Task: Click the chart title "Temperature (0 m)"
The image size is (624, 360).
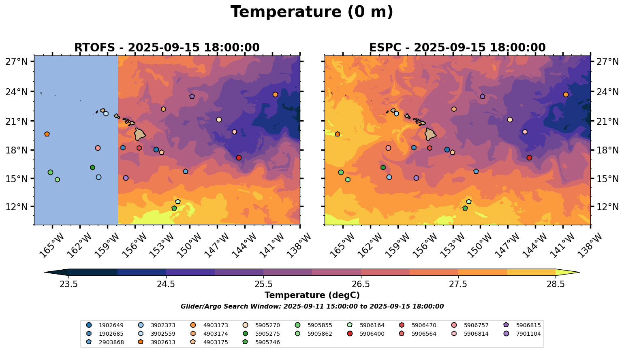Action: [312, 12]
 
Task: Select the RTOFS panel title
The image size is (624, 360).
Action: [167, 48]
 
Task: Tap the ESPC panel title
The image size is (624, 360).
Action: [457, 48]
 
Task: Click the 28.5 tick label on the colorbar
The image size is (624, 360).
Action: [556, 284]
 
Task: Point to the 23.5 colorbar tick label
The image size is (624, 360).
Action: [68, 284]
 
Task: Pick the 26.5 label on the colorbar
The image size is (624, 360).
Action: [361, 284]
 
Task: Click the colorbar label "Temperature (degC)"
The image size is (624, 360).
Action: [312, 296]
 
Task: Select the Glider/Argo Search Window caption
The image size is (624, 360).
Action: [312, 307]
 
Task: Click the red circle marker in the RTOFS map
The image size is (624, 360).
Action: [239, 158]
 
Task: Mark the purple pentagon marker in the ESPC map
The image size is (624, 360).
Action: [483, 96]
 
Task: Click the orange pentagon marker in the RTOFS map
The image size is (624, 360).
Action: [47, 134]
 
